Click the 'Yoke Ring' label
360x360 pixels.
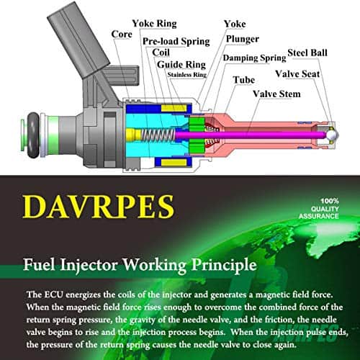[x=154, y=24]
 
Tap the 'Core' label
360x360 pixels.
[x=122, y=34]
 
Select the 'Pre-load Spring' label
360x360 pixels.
[x=176, y=41]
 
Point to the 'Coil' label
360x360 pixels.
[x=161, y=53]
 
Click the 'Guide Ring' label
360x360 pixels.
[x=181, y=64]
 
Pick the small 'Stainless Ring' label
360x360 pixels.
[x=187, y=75]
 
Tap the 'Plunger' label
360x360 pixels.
[x=243, y=39]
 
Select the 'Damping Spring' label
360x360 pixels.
[x=254, y=58]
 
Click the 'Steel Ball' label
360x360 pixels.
[x=307, y=53]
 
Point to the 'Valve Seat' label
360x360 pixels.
[x=297, y=74]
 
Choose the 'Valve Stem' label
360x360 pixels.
[x=276, y=94]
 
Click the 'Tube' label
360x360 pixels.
[x=244, y=80]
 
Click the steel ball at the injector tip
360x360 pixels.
[x=331, y=135]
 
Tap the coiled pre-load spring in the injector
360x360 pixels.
[x=158, y=135]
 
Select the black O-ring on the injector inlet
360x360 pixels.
[x=32, y=135]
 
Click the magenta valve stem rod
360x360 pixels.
[x=250, y=135]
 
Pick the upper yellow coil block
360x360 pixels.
[x=174, y=108]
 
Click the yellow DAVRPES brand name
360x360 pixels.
[x=99, y=207]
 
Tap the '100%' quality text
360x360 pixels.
[x=330, y=201]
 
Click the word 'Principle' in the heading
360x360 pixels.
[x=224, y=265]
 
